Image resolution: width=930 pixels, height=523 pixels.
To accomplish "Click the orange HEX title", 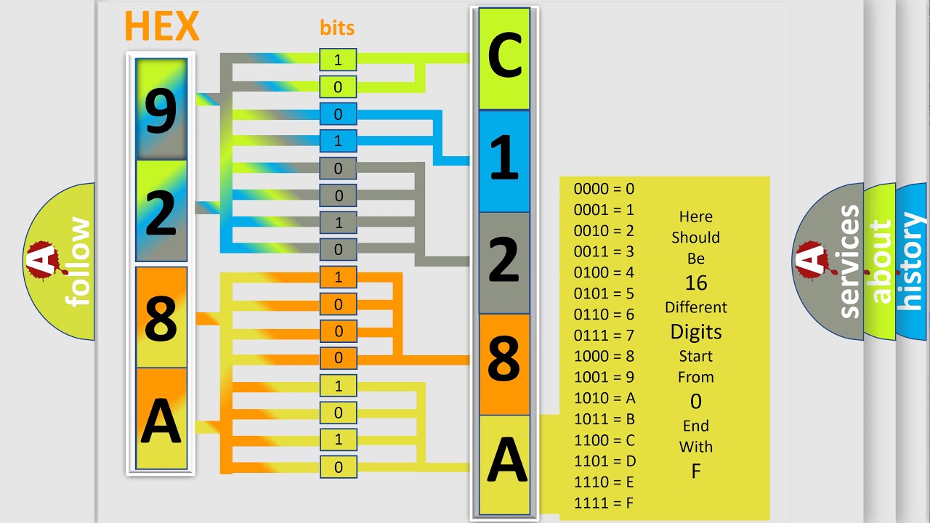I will click(161, 27).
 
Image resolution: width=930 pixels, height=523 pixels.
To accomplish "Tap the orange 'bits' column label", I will click(337, 28).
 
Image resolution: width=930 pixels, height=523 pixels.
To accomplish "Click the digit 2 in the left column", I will click(161, 213).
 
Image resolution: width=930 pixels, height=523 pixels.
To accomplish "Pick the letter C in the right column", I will click(504, 58).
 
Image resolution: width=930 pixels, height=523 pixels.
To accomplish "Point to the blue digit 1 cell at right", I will click(504, 161).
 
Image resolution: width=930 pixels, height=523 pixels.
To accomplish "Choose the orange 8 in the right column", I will click(504, 359).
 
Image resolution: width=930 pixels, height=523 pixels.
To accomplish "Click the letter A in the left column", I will click(161, 421).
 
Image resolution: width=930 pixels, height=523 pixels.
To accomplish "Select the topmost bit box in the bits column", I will click(338, 60).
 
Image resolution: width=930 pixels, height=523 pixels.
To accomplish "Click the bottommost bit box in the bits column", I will click(338, 467).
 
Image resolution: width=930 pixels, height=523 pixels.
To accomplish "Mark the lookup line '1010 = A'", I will click(604, 398).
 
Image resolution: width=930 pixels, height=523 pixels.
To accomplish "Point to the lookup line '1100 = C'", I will click(604, 440).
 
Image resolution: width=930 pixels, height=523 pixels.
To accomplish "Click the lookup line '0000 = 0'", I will click(604, 189).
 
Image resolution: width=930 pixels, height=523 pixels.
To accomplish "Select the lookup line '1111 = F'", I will click(604, 503).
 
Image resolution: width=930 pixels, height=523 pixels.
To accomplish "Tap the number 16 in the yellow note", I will click(695, 283).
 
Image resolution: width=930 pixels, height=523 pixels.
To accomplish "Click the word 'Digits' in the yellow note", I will click(695, 332).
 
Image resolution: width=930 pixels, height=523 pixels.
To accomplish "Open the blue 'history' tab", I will click(911, 261).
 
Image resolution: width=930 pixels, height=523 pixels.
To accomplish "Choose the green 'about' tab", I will click(880, 261).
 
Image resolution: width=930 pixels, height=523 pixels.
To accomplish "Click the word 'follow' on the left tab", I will click(78, 261).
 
